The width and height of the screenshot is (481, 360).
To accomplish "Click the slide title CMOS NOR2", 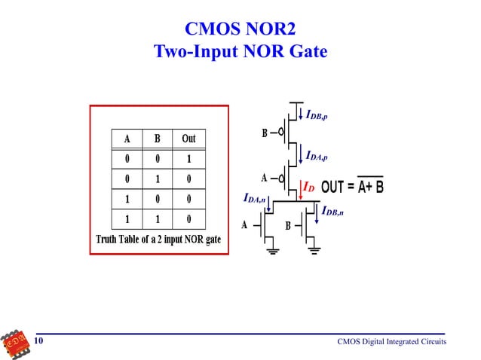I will point(240,30).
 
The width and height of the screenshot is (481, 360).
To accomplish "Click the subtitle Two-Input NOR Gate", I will point(240,53).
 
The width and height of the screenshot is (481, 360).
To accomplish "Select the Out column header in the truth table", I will point(188,139).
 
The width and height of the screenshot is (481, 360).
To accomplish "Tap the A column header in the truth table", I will point(127,139).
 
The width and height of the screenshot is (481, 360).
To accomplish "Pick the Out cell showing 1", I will point(188,159).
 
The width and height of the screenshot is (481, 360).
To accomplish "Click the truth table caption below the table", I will point(158,239).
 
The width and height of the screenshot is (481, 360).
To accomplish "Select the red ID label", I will point(308,188).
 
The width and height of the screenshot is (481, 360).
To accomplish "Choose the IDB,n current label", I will point(332,212).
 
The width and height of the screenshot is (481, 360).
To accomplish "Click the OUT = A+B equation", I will point(352,186).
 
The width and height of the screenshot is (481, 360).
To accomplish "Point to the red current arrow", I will point(300,190).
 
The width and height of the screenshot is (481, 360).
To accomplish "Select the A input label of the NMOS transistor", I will point(244,224).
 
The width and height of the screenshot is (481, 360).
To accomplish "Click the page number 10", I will point(38,342).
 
